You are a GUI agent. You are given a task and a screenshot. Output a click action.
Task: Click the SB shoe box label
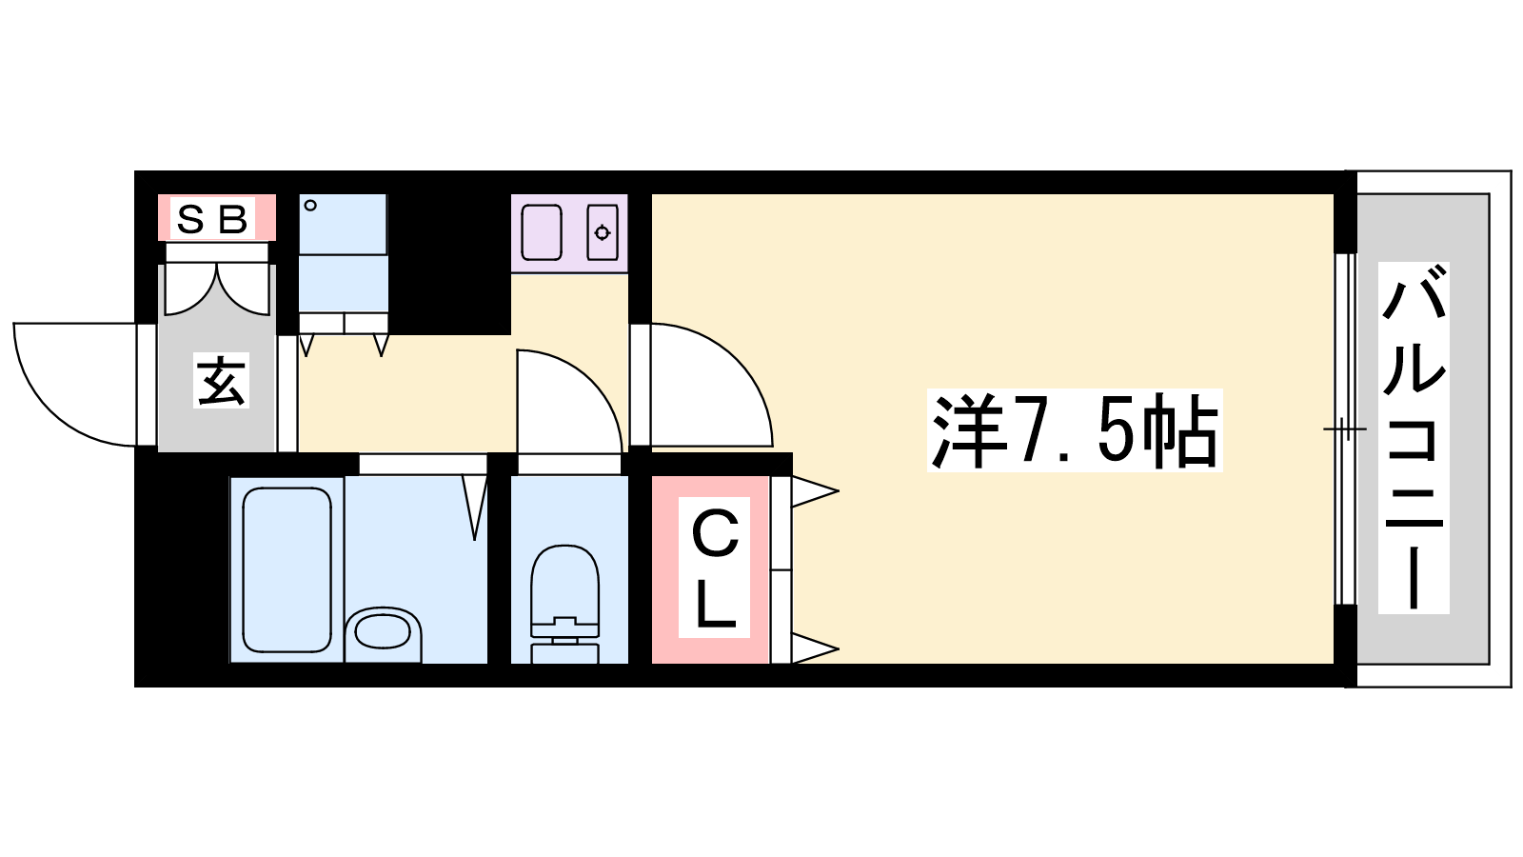pyautogui.click(x=212, y=218)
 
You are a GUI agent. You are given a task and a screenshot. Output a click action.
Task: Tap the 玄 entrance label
pyautogui.click(x=221, y=380)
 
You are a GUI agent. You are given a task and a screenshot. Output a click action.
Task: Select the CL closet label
pyautogui.click(x=714, y=568)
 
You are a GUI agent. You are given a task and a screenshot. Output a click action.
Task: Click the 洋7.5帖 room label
pyautogui.click(x=1075, y=430)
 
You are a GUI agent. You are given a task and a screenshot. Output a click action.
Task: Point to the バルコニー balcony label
pyautogui.click(x=1414, y=438)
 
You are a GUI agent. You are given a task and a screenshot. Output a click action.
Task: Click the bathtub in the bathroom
pyautogui.click(x=287, y=569)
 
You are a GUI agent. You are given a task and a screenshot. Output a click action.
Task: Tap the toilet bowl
pyautogui.click(x=564, y=585)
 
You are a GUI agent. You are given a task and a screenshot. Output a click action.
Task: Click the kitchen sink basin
pyautogui.click(x=542, y=232)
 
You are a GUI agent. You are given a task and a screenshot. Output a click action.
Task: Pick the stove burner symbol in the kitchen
pyautogui.click(x=603, y=233)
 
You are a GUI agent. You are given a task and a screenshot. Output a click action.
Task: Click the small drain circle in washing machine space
pyautogui.click(x=310, y=205)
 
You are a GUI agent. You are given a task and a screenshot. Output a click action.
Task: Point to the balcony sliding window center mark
pyautogui.click(x=1344, y=429)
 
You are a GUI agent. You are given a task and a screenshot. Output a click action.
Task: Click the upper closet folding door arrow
pyautogui.click(x=815, y=491)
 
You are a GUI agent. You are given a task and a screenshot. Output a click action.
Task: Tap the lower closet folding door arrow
pyautogui.click(x=815, y=648)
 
